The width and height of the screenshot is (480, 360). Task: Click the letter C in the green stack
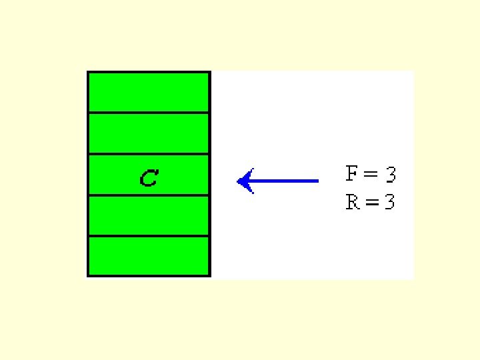[x=149, y=178]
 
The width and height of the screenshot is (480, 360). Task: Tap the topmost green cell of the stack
[x=149, y=92]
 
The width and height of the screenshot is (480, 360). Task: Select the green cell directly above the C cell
[x=149, y=133]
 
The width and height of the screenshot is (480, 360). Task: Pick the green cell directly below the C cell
[x=149, y=215]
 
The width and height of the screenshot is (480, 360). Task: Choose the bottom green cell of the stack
[x=149, y=256]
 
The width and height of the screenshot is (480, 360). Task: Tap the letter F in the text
[x=353, y=174]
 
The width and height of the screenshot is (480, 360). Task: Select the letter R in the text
[x=353, y=201]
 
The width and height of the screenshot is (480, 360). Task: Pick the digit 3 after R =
[x=389, y=202]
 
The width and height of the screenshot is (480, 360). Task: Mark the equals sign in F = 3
[x=371, y=175]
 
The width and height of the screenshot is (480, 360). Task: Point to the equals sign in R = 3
[x=371, y=202]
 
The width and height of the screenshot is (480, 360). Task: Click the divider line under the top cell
[x=149, y=113]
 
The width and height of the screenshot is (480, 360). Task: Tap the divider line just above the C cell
[x=149, y=154]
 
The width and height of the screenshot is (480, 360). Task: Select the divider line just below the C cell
[x=149, y=195]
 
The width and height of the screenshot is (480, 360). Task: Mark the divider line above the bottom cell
[x=149, y=236]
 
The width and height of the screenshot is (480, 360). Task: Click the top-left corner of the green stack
[x=88, y=72]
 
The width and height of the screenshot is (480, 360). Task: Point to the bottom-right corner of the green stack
[x=209, y=275]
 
